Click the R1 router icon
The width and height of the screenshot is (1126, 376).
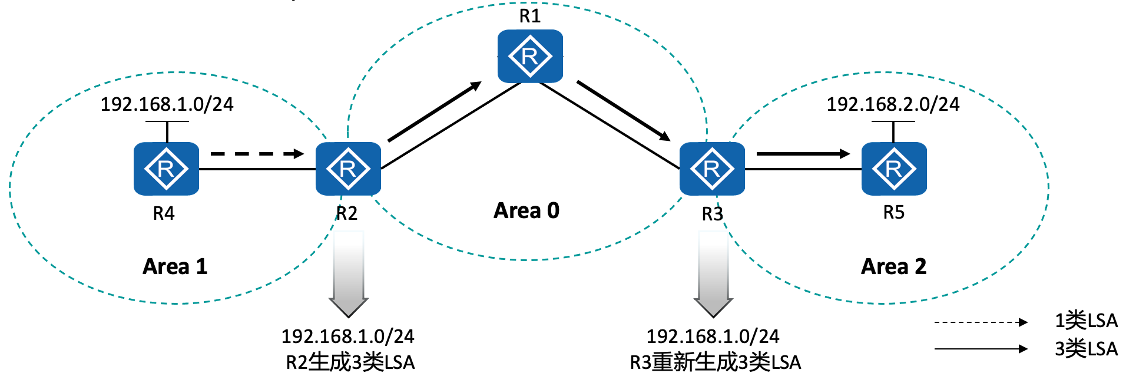pyautogui.click(x=530, y=57)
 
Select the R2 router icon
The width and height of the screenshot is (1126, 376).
pyautogui.click(x=348, y=169)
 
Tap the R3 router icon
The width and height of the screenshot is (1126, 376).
pyautogui.click(x=712, y=169)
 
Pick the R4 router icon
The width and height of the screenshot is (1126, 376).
pyautogui.click(x=166, y=169)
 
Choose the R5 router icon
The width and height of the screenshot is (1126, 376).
pyautogui.click(x=894, y=169)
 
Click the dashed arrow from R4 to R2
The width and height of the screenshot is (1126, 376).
pyautogui.click(x=257, y=154)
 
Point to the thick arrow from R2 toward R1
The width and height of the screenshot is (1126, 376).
pyautogui.click(x=435, y=112)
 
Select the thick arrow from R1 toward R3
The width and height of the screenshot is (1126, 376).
pyautogui.click(x=623, y=111)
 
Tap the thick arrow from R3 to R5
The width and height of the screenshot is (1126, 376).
pyautogui.click(x=803, y=154)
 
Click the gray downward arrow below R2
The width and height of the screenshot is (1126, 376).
pyautogui.click(x=349, y=274)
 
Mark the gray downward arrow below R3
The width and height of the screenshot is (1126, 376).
pyautogui.click(x=713, y=274)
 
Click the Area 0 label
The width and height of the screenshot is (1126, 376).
pyautogui.click(x=526, y=210)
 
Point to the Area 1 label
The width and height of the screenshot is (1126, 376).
pyautogui.click(x=175, y=266)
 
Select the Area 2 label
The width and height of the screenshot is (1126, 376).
pyautogui.click(x=893, y=266)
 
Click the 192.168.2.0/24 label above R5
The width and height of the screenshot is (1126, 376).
pyautogui.click(x=893, y=104)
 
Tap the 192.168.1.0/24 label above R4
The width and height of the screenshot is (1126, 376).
pyautogui.click(x=167, y=104)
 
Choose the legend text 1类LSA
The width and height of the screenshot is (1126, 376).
pyautogui.click(x=1086, y=321)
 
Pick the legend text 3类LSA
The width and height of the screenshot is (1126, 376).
pyautogui.click(x=1086, y=349)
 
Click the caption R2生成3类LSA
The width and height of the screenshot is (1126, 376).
pyautogui.click(x=350, y=362)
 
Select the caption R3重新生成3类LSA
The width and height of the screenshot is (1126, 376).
pyautogui.click(x=715, y=362)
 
